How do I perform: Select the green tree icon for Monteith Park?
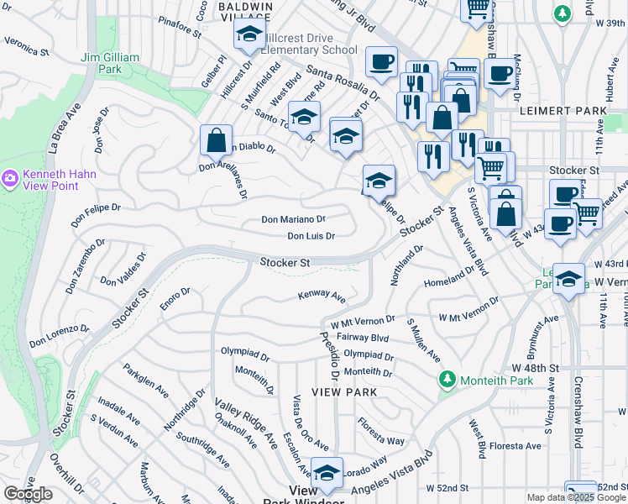pos(447,381)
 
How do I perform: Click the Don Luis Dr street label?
pos(311,237)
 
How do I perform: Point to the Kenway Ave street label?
pos(322,296)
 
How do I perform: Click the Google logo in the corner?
pos(29,494)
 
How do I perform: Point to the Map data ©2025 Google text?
pos(576,497)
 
